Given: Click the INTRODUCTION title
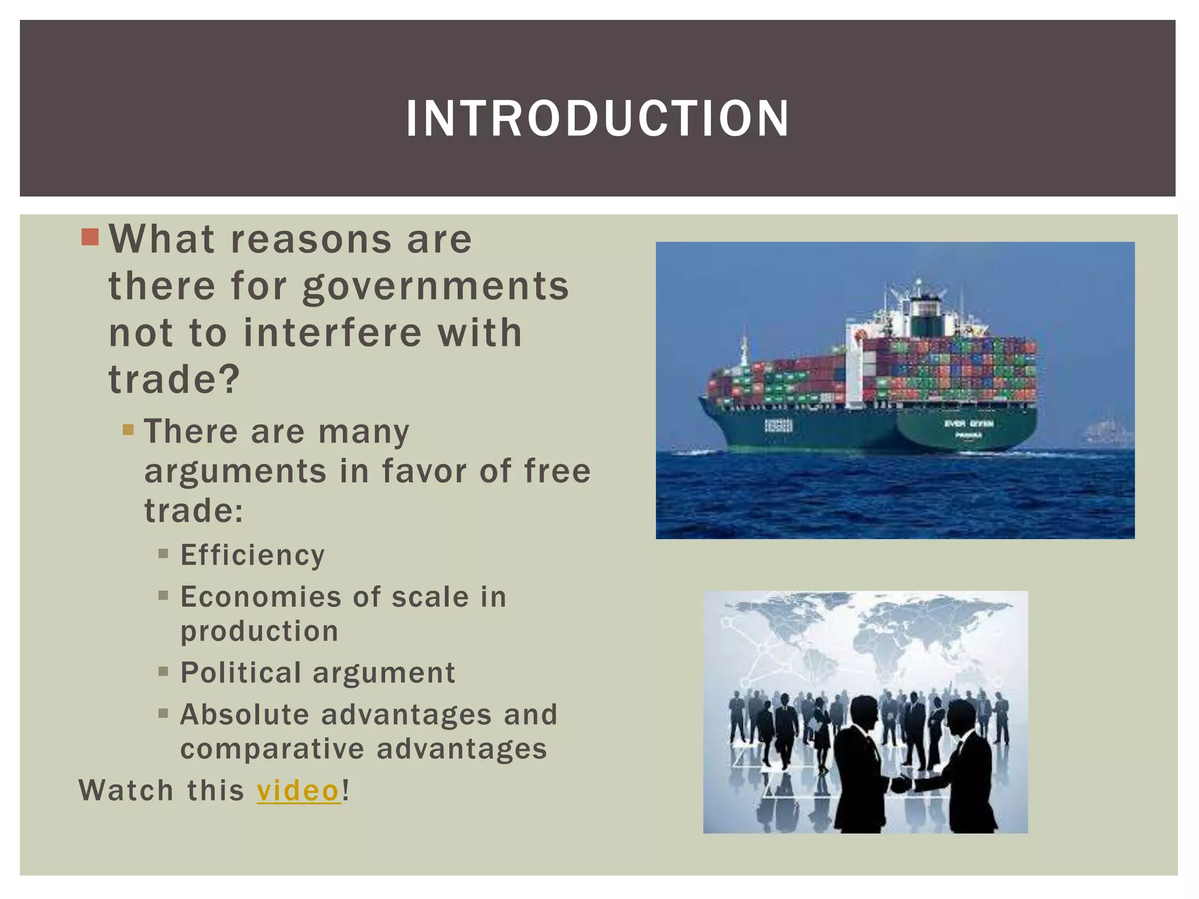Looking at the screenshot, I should [597, 119].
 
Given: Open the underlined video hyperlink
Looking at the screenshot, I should [299, 791].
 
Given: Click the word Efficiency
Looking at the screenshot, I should [252, 555].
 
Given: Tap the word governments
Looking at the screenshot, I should [436, 287].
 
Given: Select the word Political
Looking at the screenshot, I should [241, 673].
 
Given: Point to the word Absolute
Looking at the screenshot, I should [245, 715].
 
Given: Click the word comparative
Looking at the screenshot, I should [272, 749].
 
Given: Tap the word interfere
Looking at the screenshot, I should [333, 333].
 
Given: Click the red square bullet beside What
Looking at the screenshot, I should [91, 237].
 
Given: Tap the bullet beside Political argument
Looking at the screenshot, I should [163, 671].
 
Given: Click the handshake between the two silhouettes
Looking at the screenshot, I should [902, 784].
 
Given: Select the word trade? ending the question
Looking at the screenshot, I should [174, 380].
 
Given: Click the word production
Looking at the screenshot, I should [259, 632].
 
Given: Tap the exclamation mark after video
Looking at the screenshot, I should [346, 791].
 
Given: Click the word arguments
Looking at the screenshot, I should [235, 472].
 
